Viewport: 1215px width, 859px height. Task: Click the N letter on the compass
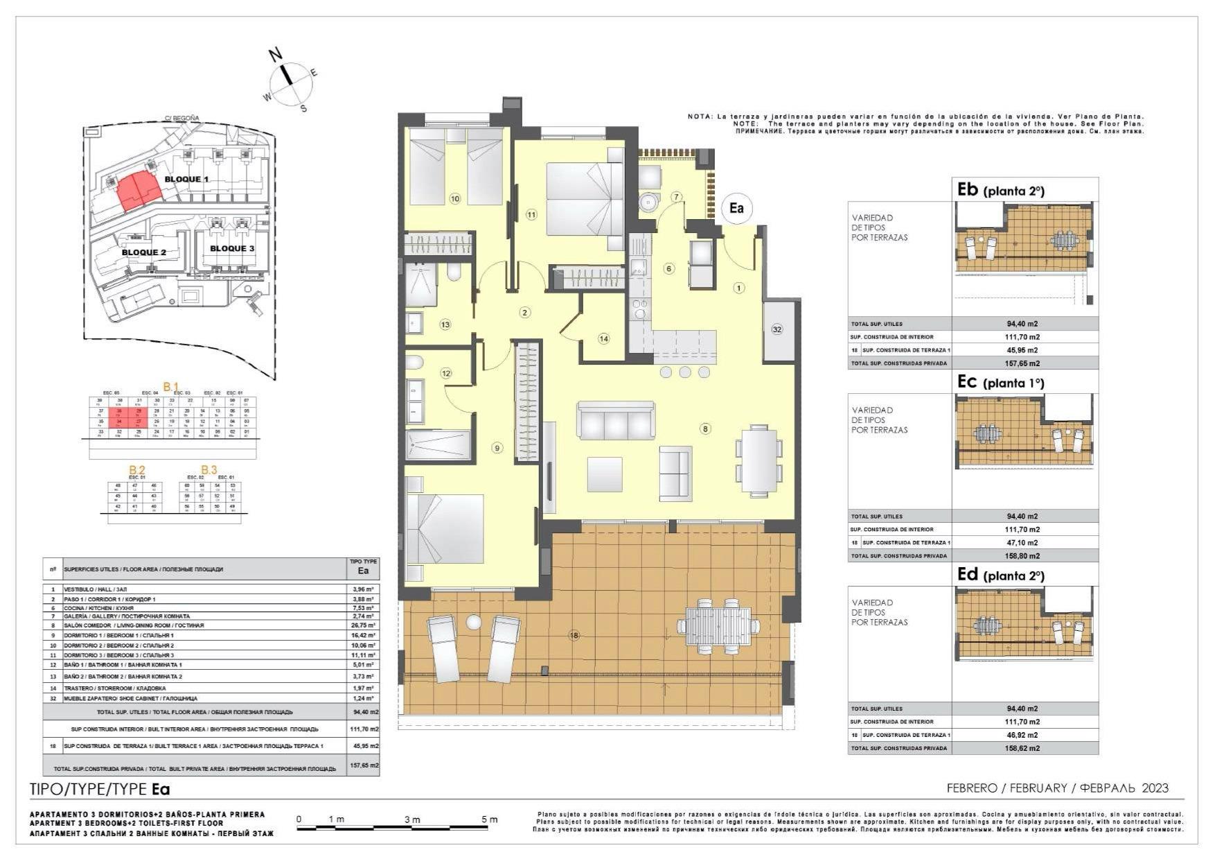pos(276,54)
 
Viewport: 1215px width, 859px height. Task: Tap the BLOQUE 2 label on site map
pos(144,252)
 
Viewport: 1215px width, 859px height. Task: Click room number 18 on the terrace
pos(574,635)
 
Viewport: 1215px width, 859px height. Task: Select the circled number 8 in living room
pos(705,429)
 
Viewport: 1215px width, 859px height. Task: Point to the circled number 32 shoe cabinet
pos(777,329)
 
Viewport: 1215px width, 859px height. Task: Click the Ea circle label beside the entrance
pos(736,208)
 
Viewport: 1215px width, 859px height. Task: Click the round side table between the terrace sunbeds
pos(474,622)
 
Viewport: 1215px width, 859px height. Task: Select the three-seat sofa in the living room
pos(616,421)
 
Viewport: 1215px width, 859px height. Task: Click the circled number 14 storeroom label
pos(604,339)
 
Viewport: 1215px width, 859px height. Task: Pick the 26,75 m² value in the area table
pos(363,625)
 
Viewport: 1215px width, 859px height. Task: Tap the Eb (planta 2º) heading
pos(1000,190)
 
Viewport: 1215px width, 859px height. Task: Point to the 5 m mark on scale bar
pos(490,819)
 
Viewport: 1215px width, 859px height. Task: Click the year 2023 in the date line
pos(1155,788)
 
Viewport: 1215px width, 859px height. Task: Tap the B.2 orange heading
pos(136,470)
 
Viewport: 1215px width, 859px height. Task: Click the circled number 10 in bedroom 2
pos(455,199)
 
